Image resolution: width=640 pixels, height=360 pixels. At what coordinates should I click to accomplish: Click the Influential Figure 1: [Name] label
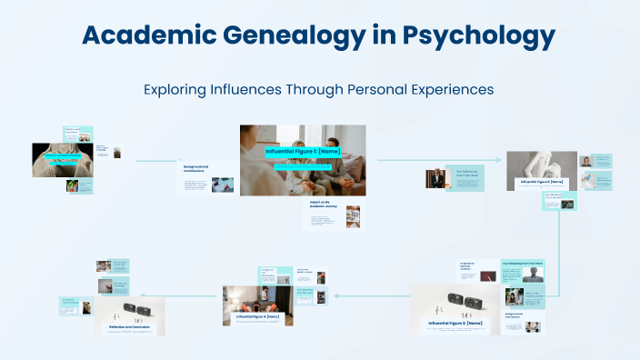click(303, 151)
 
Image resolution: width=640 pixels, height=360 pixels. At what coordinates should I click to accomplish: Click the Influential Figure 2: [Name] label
click(543, 182)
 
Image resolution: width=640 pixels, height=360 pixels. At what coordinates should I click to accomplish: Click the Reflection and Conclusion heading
click(129, 325)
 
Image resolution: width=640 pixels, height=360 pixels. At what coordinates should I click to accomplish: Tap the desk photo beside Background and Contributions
click(222, 184)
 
